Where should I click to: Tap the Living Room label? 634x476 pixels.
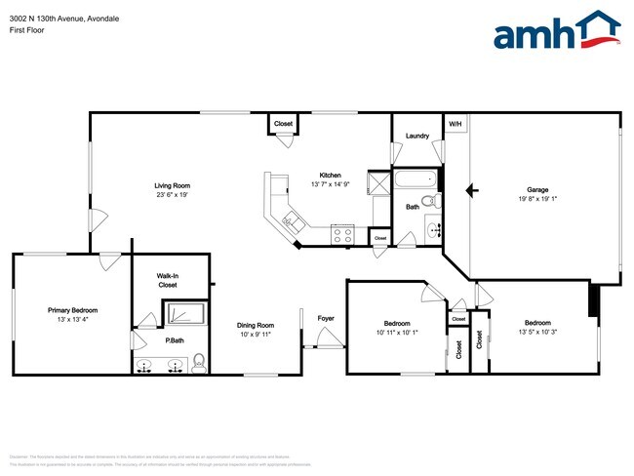(172, 185)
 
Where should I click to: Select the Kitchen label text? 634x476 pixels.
(330, 176)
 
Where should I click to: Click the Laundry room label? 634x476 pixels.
(417, 136)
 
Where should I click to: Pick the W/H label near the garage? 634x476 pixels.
(456, 124)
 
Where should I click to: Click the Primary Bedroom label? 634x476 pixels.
(73, 310)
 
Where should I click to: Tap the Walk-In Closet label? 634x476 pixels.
(168, 281)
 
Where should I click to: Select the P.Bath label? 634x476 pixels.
(147, 341)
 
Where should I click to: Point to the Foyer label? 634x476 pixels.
(326, 318)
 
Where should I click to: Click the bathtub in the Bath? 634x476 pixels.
(416, 180)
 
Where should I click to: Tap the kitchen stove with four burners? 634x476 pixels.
(341, 233)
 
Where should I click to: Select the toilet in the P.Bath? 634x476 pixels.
(198, 363)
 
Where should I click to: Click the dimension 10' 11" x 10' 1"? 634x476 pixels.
(396, 332)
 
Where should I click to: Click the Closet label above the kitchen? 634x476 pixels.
(283, 124)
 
